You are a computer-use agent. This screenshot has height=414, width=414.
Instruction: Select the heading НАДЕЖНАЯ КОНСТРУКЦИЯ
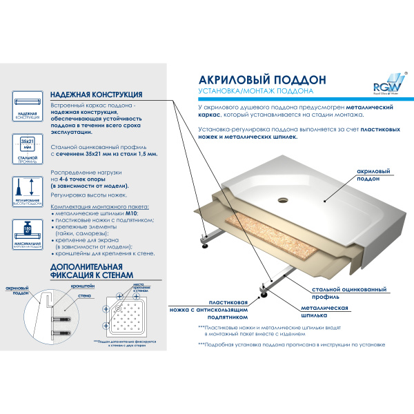(96, 95)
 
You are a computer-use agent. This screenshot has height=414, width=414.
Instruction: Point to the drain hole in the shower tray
(282, 201)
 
